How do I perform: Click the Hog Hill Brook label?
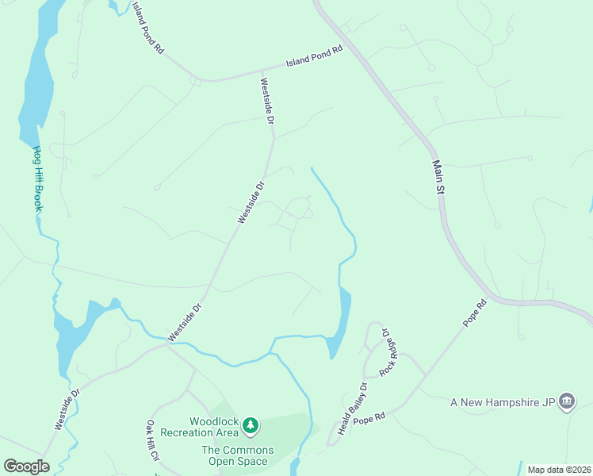tap(36, 178)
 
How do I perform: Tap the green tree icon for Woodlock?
tap(251, 426)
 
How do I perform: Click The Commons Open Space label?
tap(237, 455)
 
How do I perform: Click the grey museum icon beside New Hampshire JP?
tap(567, 402)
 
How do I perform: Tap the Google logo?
tap(26, 466)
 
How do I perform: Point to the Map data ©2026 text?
tap(558, 470)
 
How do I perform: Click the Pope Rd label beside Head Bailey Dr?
tap(369, 417)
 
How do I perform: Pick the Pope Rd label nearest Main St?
tap(474, 314)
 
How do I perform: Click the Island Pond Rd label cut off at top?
tap(148, 26)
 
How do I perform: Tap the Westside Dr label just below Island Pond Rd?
tap(267, 101)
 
